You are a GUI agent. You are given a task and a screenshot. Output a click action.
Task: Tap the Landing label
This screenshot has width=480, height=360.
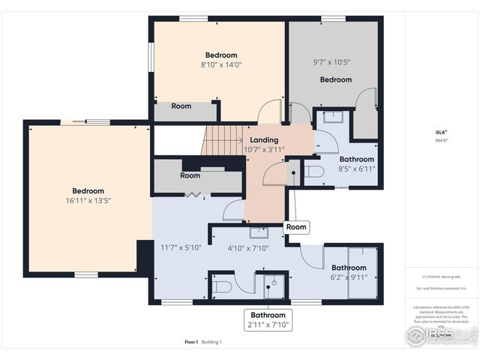(264, 140)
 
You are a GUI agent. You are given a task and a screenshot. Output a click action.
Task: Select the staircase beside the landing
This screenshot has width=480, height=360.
(220, 140)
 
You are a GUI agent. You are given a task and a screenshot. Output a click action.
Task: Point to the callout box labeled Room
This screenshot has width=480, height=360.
(296, 226)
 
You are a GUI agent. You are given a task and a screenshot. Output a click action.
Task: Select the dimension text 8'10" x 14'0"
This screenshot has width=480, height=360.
(221, 65)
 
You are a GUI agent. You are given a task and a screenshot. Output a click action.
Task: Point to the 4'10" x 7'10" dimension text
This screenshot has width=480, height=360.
(247, 248)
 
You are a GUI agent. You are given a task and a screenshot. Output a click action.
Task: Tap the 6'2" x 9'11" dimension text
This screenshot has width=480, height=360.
(349, 277)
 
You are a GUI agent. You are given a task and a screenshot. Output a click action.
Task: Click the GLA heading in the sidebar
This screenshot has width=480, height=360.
(440, 132)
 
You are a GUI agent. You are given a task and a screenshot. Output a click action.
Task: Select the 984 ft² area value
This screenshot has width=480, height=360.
(440, 140)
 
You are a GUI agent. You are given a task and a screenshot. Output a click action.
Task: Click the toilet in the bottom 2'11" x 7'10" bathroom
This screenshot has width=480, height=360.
(223, 286)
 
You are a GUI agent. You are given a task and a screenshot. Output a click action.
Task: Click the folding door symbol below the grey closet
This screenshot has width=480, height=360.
(195, 195)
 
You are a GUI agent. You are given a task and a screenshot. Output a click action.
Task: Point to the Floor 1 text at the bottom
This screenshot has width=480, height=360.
(190, 342)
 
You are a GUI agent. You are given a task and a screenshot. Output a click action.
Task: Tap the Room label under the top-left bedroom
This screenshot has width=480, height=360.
(181, 106)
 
